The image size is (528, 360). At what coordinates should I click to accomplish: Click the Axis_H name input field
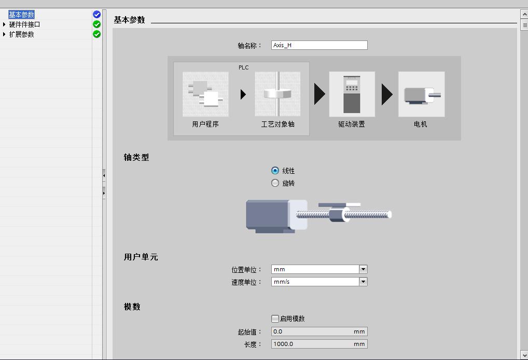[x=319, y=45]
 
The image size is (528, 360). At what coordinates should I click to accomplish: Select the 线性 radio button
[x=275, y=171]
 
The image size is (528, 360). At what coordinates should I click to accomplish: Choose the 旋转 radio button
[x=275, y=183]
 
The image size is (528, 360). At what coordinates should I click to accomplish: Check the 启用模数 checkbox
[x=275, y=319]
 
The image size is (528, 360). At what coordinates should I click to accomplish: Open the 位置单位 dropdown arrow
[x=363, y=269]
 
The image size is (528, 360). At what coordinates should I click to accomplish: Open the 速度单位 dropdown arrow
[x=363, y=282]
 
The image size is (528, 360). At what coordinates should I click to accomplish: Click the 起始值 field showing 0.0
[x=319, y=331]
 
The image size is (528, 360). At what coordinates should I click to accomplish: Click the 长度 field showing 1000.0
[x=319, y=344]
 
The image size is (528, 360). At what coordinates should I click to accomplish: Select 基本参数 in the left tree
[x=22, y=15]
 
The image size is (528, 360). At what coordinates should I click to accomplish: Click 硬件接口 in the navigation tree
[x=24, y=24]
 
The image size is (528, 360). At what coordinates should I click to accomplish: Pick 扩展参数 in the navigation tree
[x=22, y=34]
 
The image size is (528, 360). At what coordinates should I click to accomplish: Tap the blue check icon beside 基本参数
[x=96, y=15]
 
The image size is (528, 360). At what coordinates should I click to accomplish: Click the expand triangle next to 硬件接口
[x=4, y=24]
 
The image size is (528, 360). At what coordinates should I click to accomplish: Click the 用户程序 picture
[x=205, y=94]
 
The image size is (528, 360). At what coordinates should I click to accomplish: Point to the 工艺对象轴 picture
[x=278, y=94]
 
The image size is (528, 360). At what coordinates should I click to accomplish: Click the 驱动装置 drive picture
[x=352, y=94]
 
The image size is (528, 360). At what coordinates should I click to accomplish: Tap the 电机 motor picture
[x=422, y=94]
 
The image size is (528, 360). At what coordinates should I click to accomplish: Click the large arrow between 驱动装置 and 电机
[x=386, y=94]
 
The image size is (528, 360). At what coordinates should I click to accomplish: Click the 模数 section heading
[x=132, y=307]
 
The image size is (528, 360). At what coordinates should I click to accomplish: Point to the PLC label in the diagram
[x=243, y=67]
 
